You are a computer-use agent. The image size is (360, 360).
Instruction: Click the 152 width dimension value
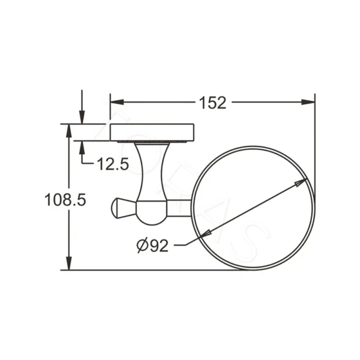tap(212, 103)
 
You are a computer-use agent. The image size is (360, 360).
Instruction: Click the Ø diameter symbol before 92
tap(142, 245)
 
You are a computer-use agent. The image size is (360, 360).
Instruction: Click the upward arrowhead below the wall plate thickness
tap(82, 146)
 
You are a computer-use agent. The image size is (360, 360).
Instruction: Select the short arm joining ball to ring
tap(178, 207)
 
